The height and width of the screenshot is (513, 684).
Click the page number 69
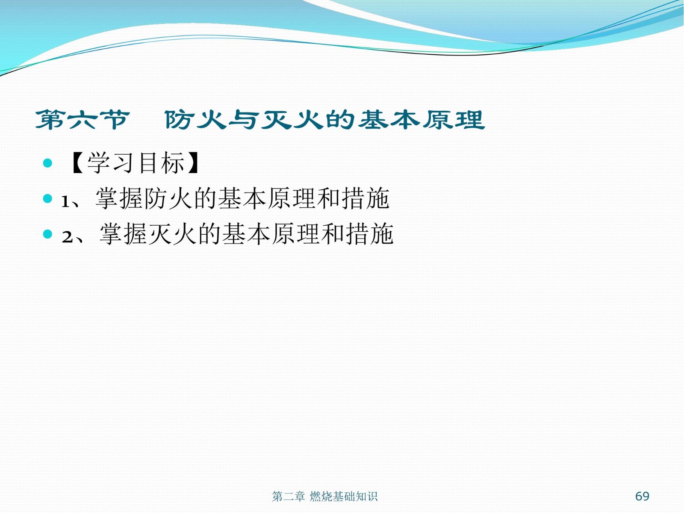[x=642, y=496]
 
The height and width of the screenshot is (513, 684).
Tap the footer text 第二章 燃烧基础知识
[x=324, y=496]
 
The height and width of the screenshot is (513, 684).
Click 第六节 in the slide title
[x=82, y=120]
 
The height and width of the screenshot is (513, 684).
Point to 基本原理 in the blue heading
[x=422, y=120]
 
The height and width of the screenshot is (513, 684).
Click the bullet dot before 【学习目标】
[x=47, y=163]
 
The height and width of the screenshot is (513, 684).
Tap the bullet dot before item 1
[x=47, y=198]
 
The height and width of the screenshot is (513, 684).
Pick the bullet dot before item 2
[x=47, y=234]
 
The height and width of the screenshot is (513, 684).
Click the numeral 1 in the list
[x=65, y=201]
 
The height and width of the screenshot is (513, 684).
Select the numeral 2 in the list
[x=67, y=237]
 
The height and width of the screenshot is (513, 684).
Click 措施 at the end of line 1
[x=365, y=198]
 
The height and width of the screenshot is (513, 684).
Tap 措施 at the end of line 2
[x=370, y=234]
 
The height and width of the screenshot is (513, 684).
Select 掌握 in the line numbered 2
[x=123, y=234]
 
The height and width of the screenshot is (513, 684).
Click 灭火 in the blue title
[x=292, y=120]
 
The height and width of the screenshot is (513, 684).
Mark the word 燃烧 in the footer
[x=320, y=496]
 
